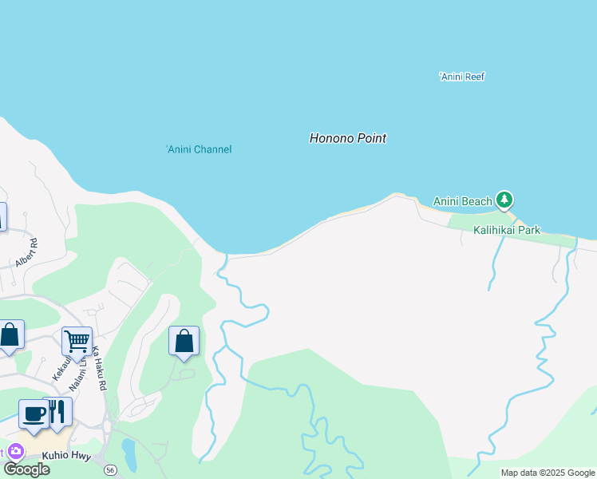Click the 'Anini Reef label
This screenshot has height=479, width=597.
[462, 77]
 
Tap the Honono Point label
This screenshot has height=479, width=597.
[347, 138]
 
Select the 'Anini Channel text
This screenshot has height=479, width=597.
[199, 149]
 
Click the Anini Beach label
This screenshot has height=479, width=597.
[462, 201]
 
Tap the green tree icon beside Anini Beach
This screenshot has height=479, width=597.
[504, 200]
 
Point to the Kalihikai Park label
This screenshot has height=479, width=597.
[507, 230]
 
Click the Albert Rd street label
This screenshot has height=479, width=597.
[27, 252]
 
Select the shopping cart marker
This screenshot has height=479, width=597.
[77, 341]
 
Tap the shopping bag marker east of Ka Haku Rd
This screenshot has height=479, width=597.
[184, 341]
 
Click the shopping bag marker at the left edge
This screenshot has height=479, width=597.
[10, 335]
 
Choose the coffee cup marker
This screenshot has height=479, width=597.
[34, 414]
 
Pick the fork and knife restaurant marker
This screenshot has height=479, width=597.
[57, 411]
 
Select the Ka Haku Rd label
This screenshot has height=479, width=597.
[99, 368]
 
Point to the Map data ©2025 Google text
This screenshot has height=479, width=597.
[548, 473]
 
